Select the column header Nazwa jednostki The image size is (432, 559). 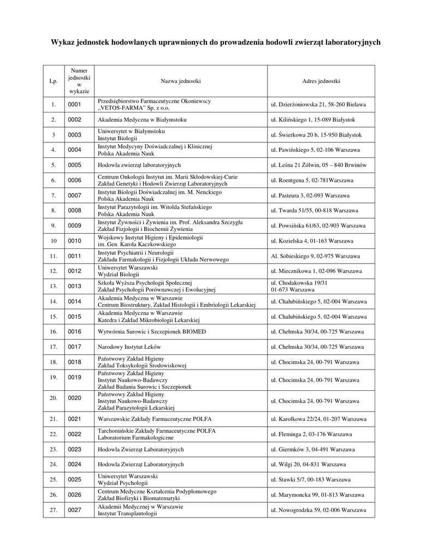(180, 81)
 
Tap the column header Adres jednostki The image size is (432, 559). (321, 81)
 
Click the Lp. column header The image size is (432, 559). (54, 81)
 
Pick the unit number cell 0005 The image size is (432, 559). (74, 165)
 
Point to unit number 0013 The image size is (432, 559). (74, 286)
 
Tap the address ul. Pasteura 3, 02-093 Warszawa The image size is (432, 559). (310, 195)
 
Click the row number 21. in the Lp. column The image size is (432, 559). (54, 419)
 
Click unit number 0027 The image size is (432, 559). (74, 510)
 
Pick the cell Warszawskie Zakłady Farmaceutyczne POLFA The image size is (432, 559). (155, 419)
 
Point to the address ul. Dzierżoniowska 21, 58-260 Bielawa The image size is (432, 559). (318, 104)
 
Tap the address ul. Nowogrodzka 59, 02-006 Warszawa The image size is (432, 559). (318, 510)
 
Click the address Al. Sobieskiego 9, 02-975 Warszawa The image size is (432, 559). (316, 255)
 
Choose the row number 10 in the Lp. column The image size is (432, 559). (54, 241)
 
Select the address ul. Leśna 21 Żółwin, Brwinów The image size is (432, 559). (318, 165)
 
